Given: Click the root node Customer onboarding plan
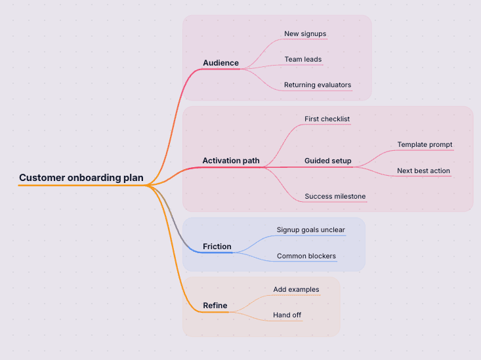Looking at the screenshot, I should (81, 178).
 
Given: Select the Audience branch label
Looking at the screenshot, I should (220, 63).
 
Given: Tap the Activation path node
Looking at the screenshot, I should (231, 161).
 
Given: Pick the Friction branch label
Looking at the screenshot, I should (217, 247).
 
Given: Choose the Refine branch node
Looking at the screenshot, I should (215, 306).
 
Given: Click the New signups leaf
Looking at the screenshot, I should (305, 33).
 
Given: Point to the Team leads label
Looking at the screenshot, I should (303, 59).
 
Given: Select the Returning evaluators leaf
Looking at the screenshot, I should (318, 85).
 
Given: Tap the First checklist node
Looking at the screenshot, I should (327, 119).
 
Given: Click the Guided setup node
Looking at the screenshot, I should (327, 161).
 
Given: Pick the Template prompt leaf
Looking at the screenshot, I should (425, 144).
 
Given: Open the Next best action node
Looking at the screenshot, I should (423, 170).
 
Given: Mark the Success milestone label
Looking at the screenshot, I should (335, 196).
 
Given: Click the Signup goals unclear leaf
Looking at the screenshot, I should (310, 230).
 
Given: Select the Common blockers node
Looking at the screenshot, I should (306, 256).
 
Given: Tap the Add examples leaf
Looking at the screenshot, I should (296, 289).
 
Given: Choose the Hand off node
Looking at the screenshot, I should (287, 315).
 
